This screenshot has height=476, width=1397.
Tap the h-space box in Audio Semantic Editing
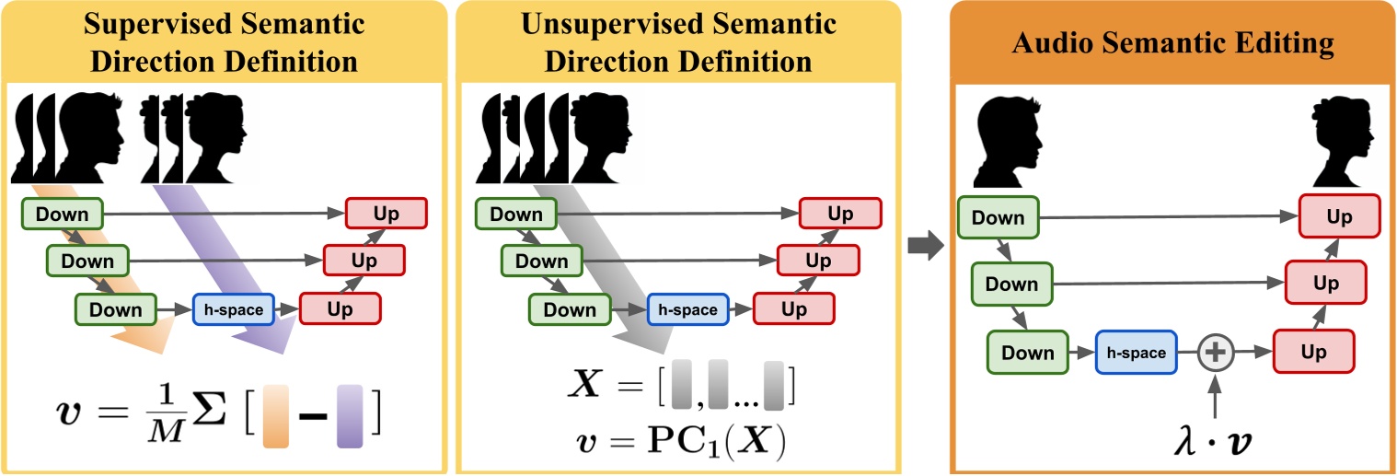1136,353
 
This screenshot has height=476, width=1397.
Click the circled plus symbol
1215,353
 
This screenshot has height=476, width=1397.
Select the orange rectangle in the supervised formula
275,417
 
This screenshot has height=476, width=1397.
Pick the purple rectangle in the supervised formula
350,417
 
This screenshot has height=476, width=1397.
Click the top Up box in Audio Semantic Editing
1339,217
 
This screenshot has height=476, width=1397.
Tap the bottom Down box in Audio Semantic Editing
1028,353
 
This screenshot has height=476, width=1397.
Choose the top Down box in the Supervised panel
62,215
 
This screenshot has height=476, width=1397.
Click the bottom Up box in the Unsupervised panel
794,309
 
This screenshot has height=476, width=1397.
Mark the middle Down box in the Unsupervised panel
541,261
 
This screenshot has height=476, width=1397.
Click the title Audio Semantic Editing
1173,42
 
